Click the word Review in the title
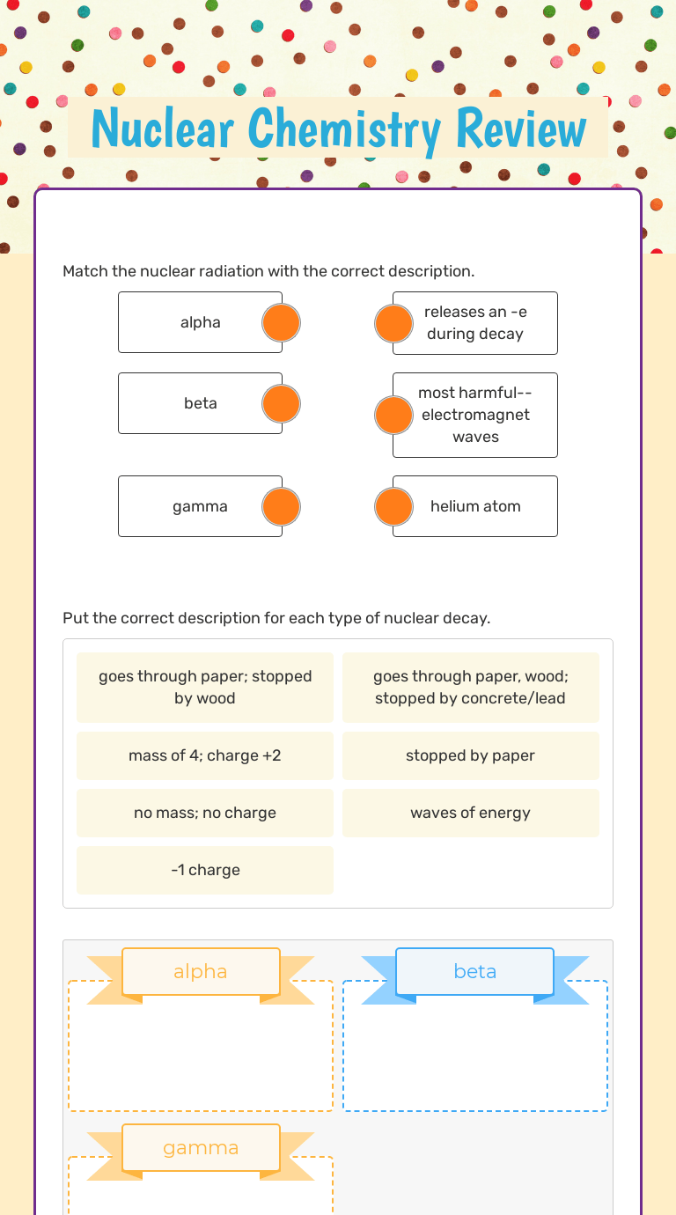(x=521, y=129)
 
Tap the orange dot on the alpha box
(x=282, y=323)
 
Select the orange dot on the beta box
(x=282, y=404)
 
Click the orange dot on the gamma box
(x=282, y=507)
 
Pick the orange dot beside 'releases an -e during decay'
(x=393, y=323)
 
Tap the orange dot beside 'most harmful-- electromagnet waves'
(x=393, y=415)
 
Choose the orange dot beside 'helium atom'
(x=393, y=507)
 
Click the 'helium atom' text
(x=475, y=506)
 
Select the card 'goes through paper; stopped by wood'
(x=205, y=688)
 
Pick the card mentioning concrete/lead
(x=470, y=688)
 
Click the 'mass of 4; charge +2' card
(x=205, y=755)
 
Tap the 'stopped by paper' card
(x=470, y=755)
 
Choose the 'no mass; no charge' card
(x=205, y=813)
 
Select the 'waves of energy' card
(x=470, y=813)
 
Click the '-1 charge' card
(x=205, y=870)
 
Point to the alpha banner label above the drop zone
(x=201, y=971)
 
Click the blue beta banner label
(x=475, y=971)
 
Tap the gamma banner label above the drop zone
(x=201, y=1148)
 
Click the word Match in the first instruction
(x=84, y=271)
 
